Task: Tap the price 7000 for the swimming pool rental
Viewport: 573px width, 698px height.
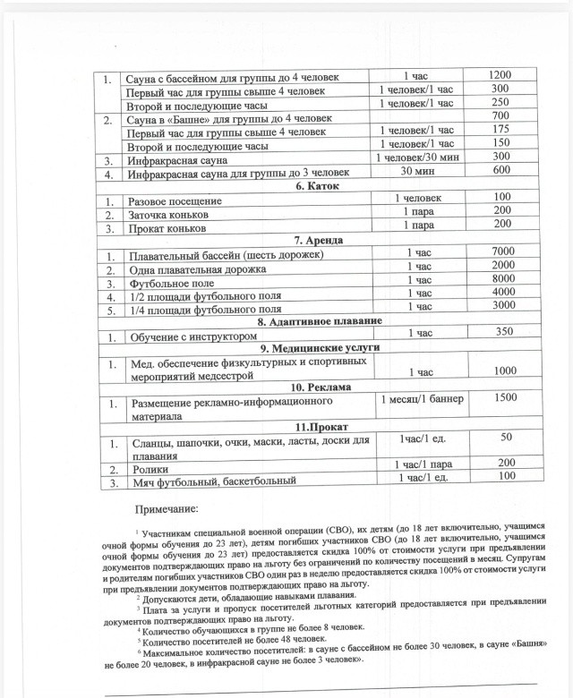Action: click(x=502, y=253)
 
